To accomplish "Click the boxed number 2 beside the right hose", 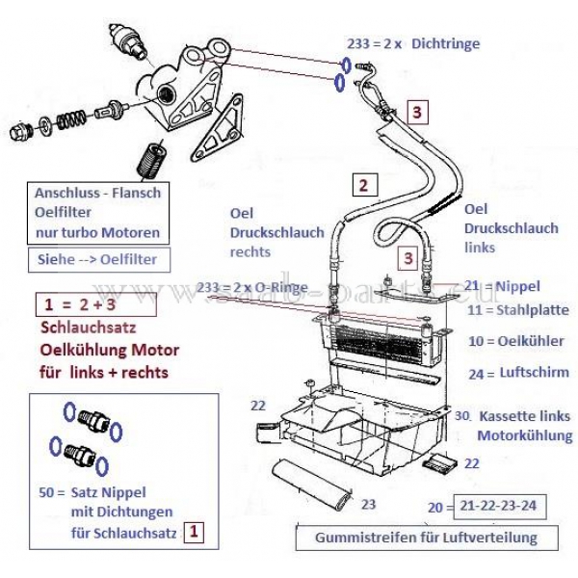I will [x=363, y=183].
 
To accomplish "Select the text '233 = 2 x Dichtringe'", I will [x=413, y=43].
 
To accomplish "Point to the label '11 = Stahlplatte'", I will [x=517, y=310].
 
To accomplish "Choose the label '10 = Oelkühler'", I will [x=516, y=341].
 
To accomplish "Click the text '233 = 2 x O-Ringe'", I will [x=251, y=287].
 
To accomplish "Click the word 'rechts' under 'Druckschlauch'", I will [x=250, y=252].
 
